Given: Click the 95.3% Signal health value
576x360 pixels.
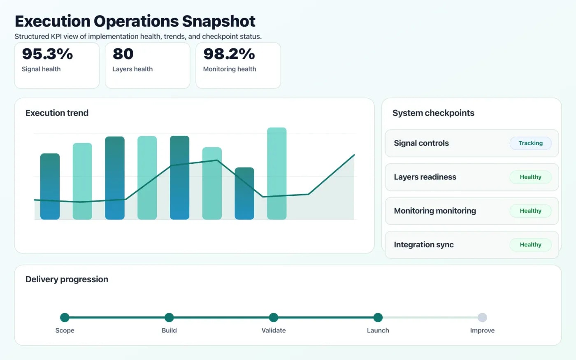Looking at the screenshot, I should pyautogui.click(x=47, y=54).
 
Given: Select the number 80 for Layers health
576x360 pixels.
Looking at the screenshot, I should pyautogui.click(x=123, y=54).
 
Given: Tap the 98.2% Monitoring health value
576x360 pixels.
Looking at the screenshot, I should pyautogui.click(x=229, y=54).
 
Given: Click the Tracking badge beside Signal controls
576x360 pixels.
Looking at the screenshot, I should pyautogui.click(x=530, y=143).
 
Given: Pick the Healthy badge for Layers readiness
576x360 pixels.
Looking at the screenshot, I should pyautogui.click(x=530, y=177).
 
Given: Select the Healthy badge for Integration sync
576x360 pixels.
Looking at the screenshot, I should pyautogui.click(x=530, y=244).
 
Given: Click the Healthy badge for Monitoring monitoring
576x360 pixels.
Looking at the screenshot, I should pyautogui.click(x=530, y=211).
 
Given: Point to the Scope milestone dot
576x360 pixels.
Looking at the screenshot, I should pyautogui.click(x=65, y=317).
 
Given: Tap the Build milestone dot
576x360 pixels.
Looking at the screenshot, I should pyautogui.click(x=169, y=317).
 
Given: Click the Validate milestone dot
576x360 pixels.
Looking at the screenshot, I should pyautogui.click(x=274, y=317).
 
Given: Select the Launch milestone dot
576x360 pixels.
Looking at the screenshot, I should pyautogui.click(x=378, y=317).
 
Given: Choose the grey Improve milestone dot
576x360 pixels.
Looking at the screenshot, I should pyautogui.click(x=482, y=317).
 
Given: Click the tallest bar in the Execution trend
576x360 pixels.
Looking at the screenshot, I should pyautogui.click(x=276, y=173).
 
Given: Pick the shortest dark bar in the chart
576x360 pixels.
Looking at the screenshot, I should pyautogui.click(x=244, y=193).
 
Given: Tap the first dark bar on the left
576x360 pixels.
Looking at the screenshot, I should pyautogui.click(x=50, y=186).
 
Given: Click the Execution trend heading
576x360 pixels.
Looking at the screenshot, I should pyautogui.click(x=57, y=113).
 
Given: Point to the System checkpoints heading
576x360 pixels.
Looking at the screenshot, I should pyautogui.click(x=433, y=113).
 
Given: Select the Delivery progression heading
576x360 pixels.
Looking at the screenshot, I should pyautogui.click(x=67, y=279).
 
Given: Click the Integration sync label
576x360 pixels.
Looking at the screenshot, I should pyautogui.click(x=424, y=245).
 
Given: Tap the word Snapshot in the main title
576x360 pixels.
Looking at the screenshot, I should pyautogui.click(x=218, y=21).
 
